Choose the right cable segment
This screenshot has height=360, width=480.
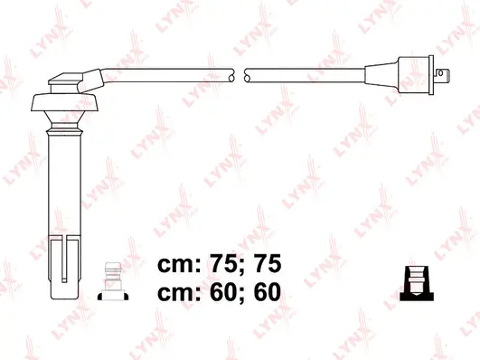307,75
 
